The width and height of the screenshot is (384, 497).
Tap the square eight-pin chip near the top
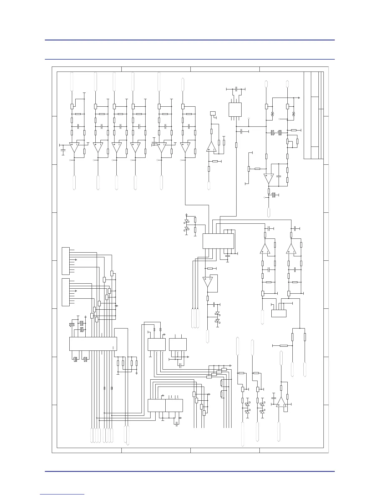pos(235,110)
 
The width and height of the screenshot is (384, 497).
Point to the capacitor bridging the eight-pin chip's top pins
pos(236,89)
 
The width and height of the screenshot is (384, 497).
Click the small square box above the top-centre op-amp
pos(213,113)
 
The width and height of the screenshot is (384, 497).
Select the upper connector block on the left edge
pos(66,261)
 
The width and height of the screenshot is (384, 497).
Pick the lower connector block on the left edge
pos(66,292)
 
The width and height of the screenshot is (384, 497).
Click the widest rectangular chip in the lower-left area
pos(93,344)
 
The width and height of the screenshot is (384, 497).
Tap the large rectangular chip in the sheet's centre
pos(218,241)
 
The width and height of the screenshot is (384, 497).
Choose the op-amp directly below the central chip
pos(208,282)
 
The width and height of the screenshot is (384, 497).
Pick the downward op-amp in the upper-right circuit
pos(269,179)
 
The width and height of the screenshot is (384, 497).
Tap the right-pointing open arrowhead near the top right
pos(299,98)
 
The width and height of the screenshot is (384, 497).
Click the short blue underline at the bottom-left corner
pos(62,494)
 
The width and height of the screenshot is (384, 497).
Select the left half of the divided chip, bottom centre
pos(157,405)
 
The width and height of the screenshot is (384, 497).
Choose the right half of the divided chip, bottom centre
pos(174,405)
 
